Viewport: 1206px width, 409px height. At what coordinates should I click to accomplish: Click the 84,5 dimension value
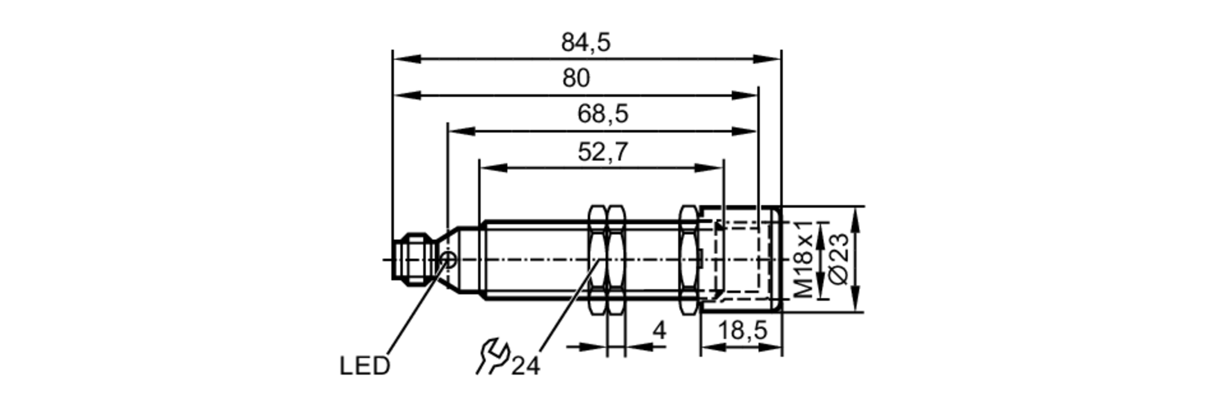(x=586, y=43)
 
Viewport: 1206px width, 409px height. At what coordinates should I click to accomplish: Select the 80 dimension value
(x=576, y=78)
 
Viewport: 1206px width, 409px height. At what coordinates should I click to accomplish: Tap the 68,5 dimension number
(x=602, y=114)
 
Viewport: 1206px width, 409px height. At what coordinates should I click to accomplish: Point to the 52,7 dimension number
(x=602, y=152)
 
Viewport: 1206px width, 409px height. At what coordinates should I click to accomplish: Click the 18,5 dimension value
(x=742, y=331)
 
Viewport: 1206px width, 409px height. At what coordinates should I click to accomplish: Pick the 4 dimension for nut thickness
(x=660, y=331)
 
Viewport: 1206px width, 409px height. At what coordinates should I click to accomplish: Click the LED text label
(x=364, y=366)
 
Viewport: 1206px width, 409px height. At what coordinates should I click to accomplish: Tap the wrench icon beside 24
(x=492, y=356)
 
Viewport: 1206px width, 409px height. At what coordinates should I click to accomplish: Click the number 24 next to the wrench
(x=525, y=366)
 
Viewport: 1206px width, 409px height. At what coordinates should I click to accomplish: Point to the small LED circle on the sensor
(x=449, y=260)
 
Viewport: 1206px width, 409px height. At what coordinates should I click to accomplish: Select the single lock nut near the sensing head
(x=689, y=260)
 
